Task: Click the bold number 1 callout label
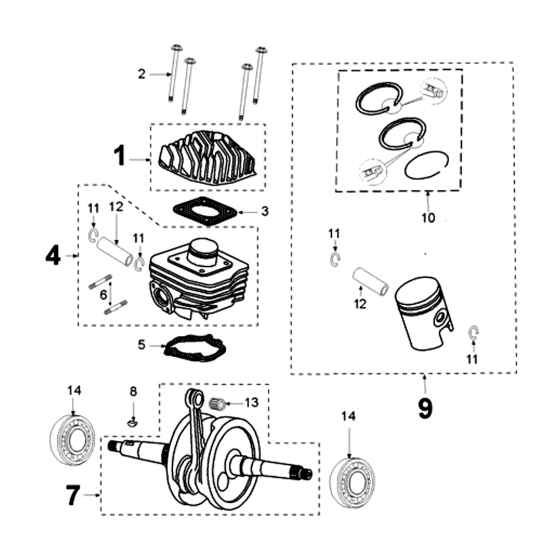pyautogui.click(x=119, y=157)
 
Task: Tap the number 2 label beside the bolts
pyautogui.click(x=141, y=74)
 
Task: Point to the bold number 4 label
pyautogui.click(x=53, y=256)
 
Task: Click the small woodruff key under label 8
pyautogui.click(x=133, y=423)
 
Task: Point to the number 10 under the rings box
pyautogui.click(x=428, y=218)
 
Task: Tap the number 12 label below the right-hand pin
pyautogui.click(x=360, y=304)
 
